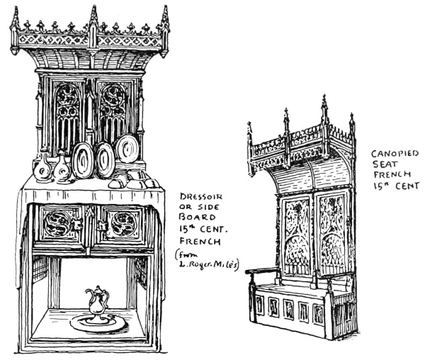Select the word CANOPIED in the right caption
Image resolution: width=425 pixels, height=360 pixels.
click(393, 153)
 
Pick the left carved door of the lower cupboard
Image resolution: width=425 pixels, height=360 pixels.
click(59, 225)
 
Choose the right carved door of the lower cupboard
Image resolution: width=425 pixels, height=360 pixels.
click(123, 224)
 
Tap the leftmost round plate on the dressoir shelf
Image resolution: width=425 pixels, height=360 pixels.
click(84, 160)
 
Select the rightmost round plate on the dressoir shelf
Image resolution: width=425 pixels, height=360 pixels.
click(127, 150)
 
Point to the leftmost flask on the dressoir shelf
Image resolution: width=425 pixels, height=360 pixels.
click(42, 169)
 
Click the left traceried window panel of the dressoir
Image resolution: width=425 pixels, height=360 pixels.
click(69, 113)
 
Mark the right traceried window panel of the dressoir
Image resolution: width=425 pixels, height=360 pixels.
click(113, 113)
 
